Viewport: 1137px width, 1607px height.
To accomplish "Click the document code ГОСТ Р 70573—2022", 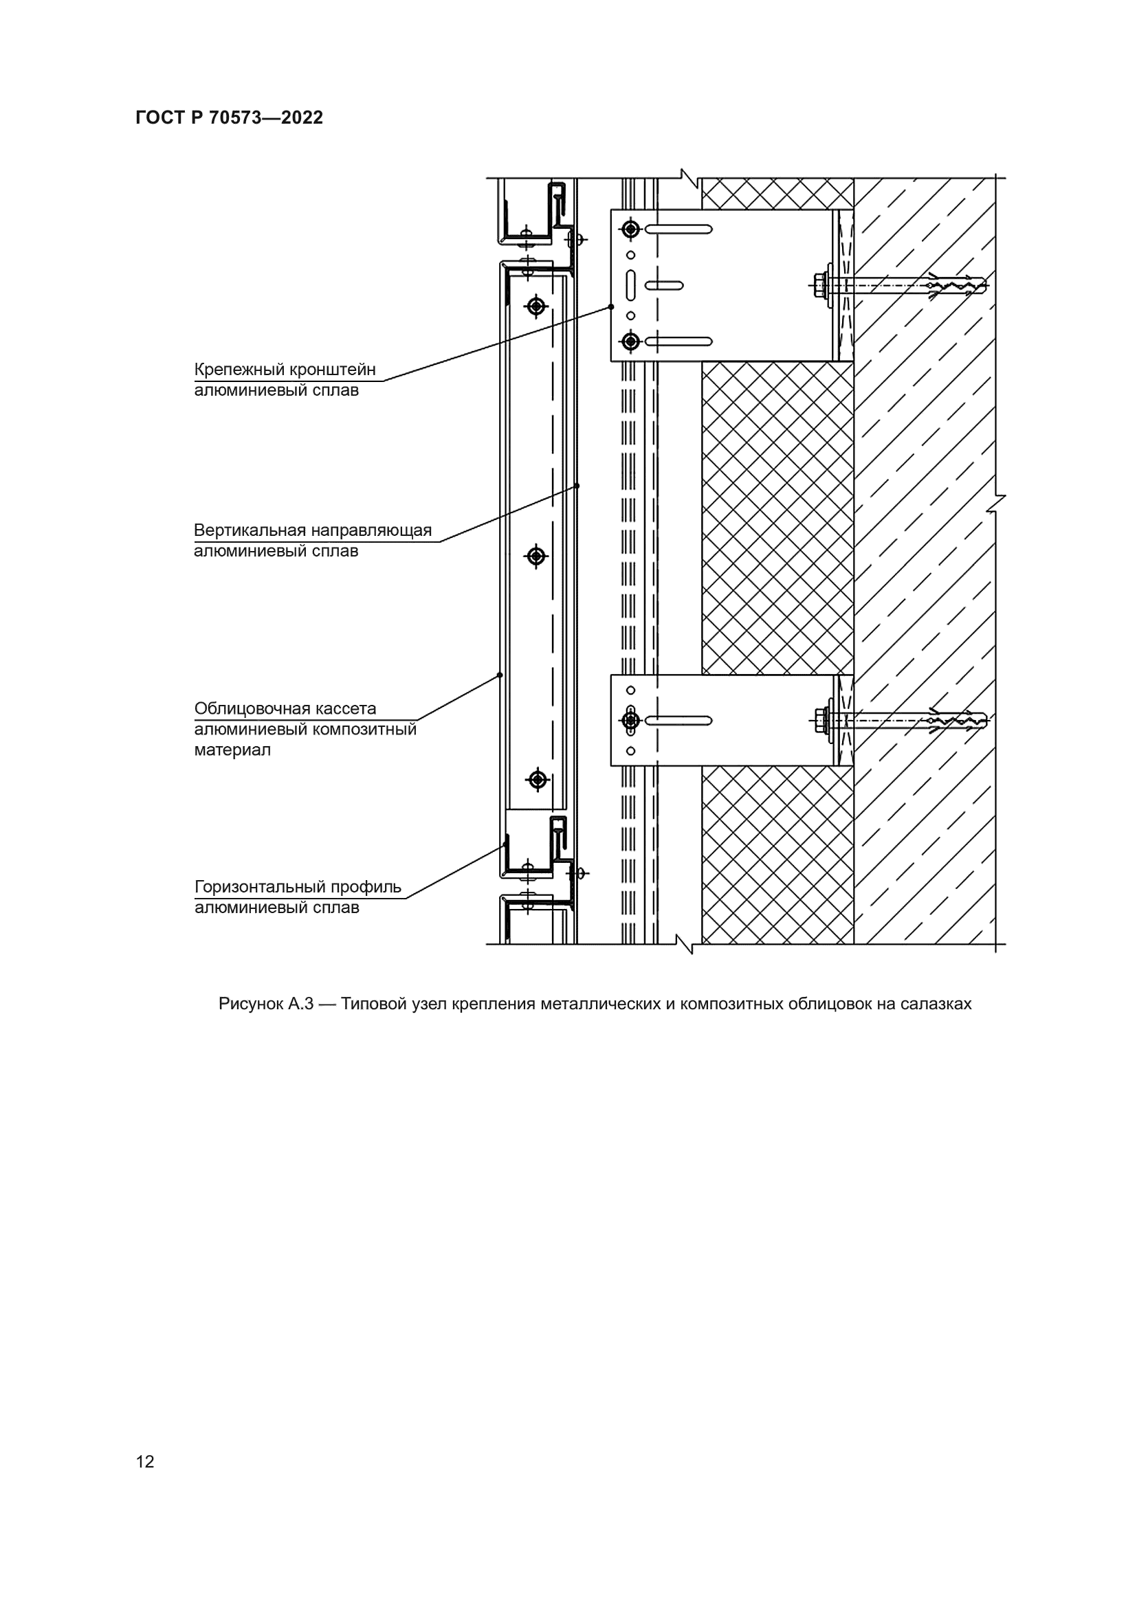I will coord(229,117).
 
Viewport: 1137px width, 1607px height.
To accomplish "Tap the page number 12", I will coord(145,1461).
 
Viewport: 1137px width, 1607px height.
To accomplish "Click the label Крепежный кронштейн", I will coord(285,370).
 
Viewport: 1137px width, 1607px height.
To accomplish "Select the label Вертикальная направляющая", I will coord(312,530).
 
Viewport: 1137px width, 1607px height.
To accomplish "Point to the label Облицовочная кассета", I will coord(285,708).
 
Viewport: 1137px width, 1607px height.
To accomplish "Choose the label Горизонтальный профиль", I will coord(298,887).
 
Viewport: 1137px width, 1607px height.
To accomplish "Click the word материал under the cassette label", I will coord(232,750).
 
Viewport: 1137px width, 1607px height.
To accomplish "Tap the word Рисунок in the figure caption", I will coord(250,1004).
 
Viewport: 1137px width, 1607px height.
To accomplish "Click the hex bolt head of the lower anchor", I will coord(820,719).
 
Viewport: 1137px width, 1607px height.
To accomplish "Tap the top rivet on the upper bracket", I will coord(630,229).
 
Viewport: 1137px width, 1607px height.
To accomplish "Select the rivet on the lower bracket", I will coord(630,719).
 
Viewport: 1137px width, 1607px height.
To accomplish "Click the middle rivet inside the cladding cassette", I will coord(536,557).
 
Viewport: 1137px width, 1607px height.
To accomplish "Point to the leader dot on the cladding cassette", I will coord(500,675).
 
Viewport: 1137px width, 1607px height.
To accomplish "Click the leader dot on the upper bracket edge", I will coord(611,306).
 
